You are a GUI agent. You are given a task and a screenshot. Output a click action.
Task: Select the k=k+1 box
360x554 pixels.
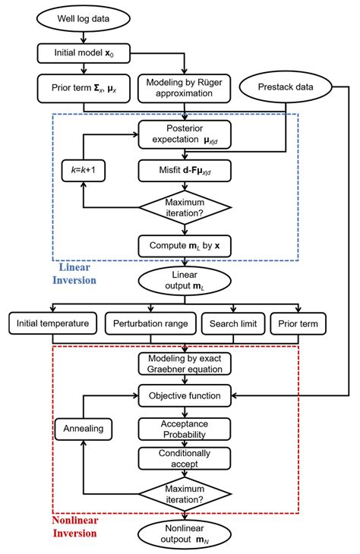click(x=84, y=171)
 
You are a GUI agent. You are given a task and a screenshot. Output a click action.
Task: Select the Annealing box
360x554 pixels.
click(x=84, y=428)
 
